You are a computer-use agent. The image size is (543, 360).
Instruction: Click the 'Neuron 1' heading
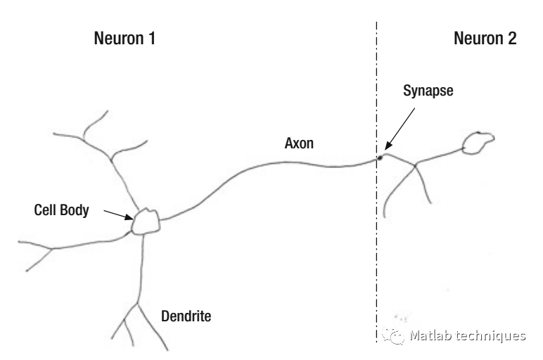pyautogui.click(x=124, y=39)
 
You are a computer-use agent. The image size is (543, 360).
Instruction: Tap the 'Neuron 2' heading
pyautogui.click(x=485, y=39)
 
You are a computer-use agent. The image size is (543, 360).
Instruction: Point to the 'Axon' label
pyautogui.click(x=299, y=143)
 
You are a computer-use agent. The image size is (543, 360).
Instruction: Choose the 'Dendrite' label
pyautogui.click(x=185, y=316)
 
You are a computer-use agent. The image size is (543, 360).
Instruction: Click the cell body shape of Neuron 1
pyautogui.click(x=146, y=221)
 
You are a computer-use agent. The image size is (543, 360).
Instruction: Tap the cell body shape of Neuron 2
pyautogui.click(x=478, y=143)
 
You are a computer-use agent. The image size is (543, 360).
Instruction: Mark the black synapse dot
pyautogui.click(x=380, y=157)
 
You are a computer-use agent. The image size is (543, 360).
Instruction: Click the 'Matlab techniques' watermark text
pyautogui.click(x=468, y=335)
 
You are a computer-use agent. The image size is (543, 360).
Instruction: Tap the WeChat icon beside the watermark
pyautogui.click(x=392, y=334)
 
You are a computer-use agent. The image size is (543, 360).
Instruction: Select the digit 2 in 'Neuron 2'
pyautogui.click(x=511, y=39)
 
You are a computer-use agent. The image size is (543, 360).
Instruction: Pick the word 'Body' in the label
pyautogui.click(x=76, y=209)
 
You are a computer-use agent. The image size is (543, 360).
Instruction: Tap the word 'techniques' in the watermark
pyautogui.click(x=492, y=335)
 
